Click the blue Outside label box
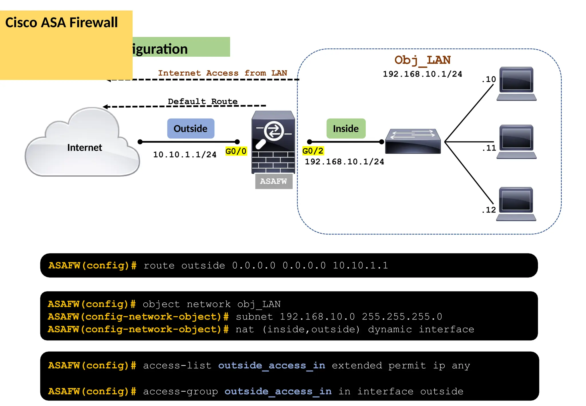(191, 129)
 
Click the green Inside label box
(346, 129)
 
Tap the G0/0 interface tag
(236, 151)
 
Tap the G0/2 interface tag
(313, 151)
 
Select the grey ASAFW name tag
(274, 181)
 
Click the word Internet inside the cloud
(84, 147)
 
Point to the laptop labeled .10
(516, 83)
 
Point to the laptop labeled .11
(516, 141)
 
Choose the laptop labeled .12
(516, 204)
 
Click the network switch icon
(413, 141)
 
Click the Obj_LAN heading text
(422, 60)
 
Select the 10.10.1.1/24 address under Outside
(185, 155)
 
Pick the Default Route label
(203, 101)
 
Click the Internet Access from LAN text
(222, 73)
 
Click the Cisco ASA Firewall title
(62, 23)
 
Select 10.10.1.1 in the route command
(360, 265)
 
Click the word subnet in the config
(254, 317)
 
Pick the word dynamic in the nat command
(390, 329)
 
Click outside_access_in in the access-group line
(278, 391)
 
